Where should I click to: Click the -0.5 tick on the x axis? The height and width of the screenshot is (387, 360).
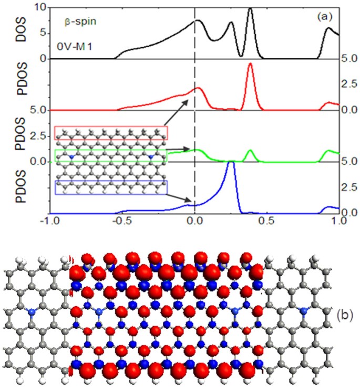tap(122, 222)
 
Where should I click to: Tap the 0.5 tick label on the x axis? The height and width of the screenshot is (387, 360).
tap(268, 222)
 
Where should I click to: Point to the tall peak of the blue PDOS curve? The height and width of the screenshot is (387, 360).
tap(230, 163)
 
